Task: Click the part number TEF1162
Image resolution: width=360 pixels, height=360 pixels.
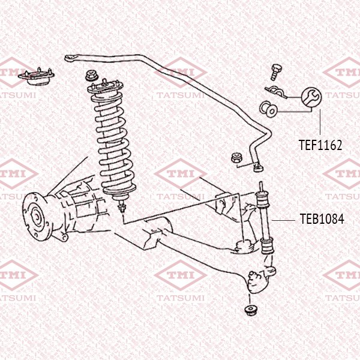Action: tap(320, 145)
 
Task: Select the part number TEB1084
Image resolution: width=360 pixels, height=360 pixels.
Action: tap(322, 219)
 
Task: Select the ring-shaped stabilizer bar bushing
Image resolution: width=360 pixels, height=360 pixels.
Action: tap(268, 110)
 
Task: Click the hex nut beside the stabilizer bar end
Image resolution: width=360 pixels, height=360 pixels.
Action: tap(236, 158)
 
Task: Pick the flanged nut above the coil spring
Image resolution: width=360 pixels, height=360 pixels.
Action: tap(92, 76)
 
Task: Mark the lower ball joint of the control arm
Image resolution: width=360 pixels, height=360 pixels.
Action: tap(257, 279)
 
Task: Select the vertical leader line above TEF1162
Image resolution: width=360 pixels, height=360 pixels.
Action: tap(320, 123)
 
